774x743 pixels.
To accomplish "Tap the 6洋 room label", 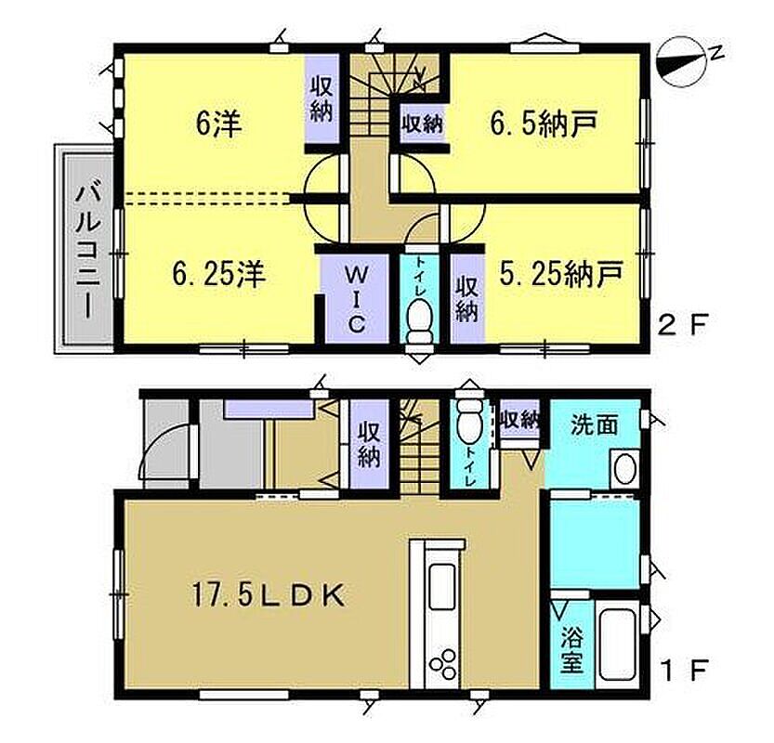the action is click(x=218, y=124).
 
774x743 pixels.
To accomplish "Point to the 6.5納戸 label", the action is click(x=544, y=123).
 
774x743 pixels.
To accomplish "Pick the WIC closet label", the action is click(x=355, y=299).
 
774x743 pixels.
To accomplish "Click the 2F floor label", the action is click(x=684, y=325).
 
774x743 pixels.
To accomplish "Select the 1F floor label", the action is click(x=684, y=670).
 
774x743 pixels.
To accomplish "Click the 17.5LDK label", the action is click(x=268, y=596).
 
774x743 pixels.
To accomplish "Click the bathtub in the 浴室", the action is click(x=618, y=645).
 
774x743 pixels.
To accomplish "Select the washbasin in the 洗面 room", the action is click(x=624, y=469).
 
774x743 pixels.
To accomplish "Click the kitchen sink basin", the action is click(x=441, y=587).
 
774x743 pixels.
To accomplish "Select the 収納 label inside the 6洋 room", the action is click(x=321, y=99).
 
